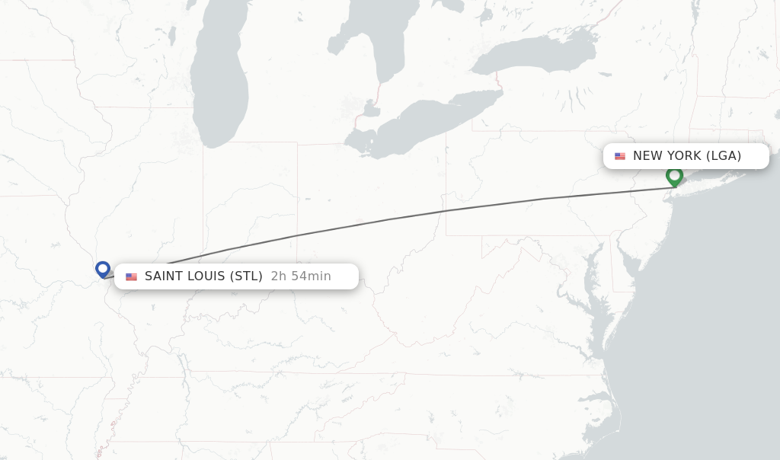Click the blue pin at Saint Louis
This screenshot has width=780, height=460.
[103, 269]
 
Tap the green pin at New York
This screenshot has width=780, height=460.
[674, 176]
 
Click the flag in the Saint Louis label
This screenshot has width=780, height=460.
[131, 276]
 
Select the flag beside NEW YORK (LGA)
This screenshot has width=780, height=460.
[620, 156]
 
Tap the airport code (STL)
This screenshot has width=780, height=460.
[246, 276]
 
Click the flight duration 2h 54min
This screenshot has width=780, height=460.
[301, 276]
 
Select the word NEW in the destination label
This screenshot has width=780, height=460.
[647, 156]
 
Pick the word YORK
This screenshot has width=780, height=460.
[684, 156]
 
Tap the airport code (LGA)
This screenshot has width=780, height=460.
[724, 156]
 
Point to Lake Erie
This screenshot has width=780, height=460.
[427, 122]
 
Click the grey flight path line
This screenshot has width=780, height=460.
[388, 219]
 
